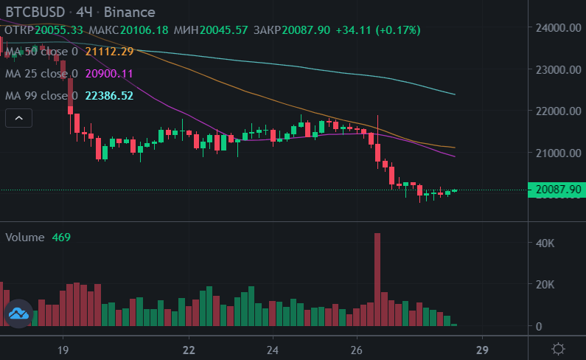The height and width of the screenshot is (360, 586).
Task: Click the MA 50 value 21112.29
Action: pos(109,52)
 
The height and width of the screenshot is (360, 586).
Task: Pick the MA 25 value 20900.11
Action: pos(109,74)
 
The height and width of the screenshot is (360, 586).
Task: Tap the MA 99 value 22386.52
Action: pos(109,96)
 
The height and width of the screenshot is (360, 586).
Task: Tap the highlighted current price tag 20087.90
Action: pos(557,190)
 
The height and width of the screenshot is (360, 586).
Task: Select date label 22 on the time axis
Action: pos(189,349)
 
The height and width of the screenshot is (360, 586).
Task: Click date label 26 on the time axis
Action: pos(357,349)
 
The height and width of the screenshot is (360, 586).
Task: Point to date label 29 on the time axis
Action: pos(482,349)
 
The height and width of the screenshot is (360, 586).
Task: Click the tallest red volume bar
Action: pos(377,280)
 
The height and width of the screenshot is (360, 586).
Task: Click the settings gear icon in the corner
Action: pos(559,348)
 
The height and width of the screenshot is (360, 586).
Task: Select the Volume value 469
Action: pos(60,238)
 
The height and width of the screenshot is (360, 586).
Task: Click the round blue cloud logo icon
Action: pos(18,314)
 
